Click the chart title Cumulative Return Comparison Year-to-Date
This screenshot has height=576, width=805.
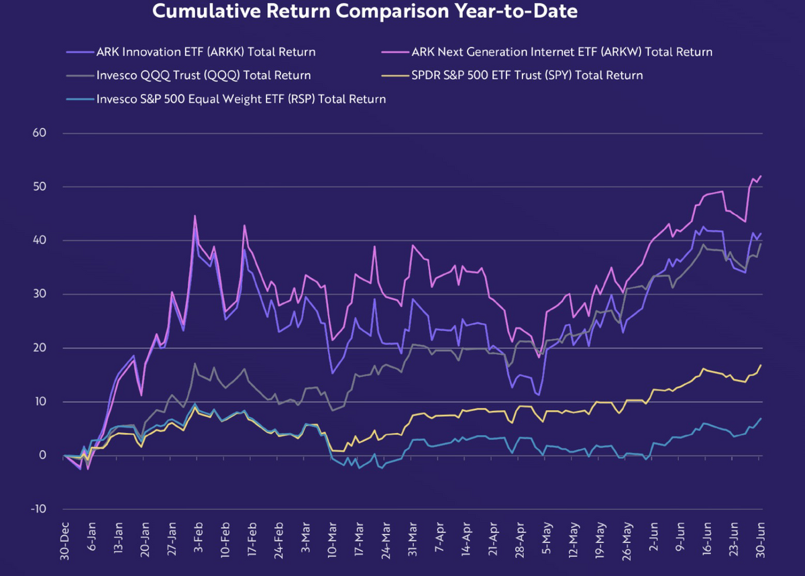pyautogui.click(x=365, y=11)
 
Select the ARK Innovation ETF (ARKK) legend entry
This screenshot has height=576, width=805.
pyautogui.click(x=206, y=52)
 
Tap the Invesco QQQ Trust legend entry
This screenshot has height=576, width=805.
pyautogui.click(x=203, y=75)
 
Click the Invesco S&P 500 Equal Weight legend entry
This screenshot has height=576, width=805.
pyautogui.click(x=241, y=99)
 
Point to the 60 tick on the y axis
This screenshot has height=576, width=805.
pyautogui.click(x=39, y=133)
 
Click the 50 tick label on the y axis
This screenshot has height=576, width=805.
pyautogui.click(x=39, y=187)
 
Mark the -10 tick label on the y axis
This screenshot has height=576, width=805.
pyautogui.click(x=37, y=509)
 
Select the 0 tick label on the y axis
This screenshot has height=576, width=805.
pyautogui.click(x=42, y=455)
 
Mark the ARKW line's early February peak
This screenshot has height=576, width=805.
pyautogui.click(x=195, y=215)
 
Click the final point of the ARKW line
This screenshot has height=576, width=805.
pyautogui.click(x=761, y=176)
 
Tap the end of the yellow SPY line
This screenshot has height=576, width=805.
pyautogui.click(x=761, y=365)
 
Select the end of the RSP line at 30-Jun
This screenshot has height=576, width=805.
pyautogui.click(x=761, y=418)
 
